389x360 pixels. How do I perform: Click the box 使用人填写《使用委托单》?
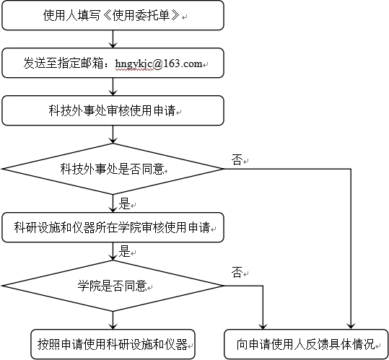click(x=113, y=15)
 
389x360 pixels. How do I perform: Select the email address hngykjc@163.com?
click(x=159, y=63)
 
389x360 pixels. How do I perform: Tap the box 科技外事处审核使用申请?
click(x=113, y=110)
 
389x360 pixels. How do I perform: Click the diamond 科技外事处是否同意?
click(x=113, y=169)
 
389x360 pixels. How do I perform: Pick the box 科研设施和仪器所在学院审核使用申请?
click(x=113, y=227)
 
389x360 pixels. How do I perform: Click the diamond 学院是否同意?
click(x=113, y=286)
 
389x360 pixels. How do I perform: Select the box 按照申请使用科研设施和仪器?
click(x=113, y=344)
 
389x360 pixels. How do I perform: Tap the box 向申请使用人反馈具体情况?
click(x=306, y=344)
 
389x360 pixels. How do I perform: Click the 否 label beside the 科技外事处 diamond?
click(x=237, y=160)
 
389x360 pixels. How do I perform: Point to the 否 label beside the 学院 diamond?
click(x=237, y=273)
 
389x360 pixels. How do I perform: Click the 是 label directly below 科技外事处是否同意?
click(x=125, y=203)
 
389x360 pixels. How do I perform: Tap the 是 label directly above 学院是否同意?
click(x=125, y=251)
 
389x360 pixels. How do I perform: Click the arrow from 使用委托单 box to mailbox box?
click(x=113, y=39)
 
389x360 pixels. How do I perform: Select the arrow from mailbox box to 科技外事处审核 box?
click(x=113, y=87)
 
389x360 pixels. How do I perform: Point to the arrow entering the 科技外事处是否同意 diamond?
click(x=113, y=134)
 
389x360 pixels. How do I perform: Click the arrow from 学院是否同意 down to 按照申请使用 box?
click(x=113, y=320)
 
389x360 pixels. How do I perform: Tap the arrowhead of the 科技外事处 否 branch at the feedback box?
click(x=351, y=327)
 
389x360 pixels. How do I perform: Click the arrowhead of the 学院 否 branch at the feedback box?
click(x=263, y=327)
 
